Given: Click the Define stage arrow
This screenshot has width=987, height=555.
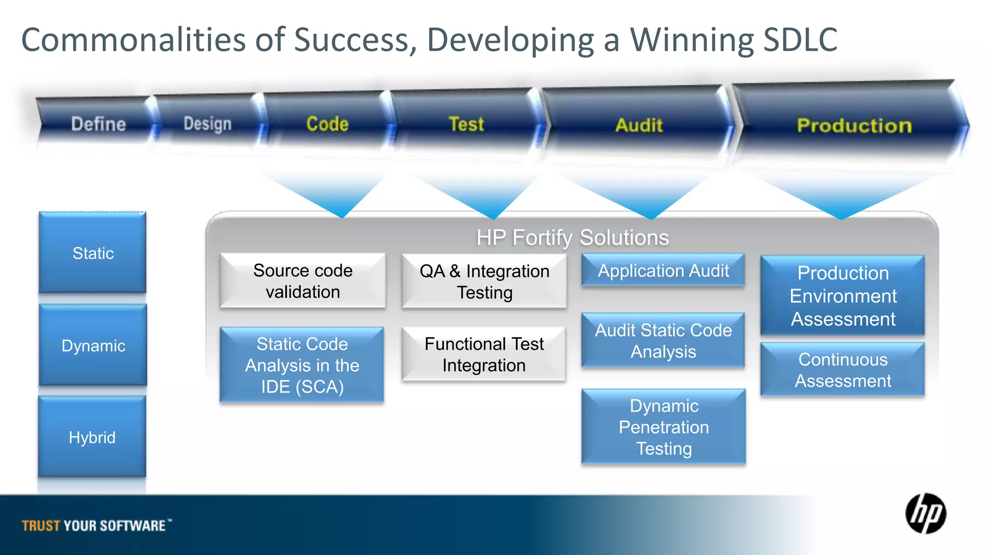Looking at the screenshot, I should pos(98,124).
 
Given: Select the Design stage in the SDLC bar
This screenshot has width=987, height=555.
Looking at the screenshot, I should pos(207,124).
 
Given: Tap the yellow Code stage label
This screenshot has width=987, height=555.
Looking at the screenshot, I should pos(327,124).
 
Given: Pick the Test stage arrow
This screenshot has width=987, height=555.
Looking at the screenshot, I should pos(466,124).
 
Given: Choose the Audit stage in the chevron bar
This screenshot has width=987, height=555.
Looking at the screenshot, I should pos(639,125).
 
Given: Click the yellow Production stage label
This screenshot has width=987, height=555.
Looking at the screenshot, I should pos(854,126).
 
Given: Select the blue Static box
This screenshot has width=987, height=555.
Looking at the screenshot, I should pos(93,253).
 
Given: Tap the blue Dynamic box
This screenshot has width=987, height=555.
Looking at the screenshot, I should pos(93,345).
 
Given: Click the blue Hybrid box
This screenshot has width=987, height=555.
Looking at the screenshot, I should pos(92,437).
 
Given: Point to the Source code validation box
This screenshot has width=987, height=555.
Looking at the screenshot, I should pos(303,281).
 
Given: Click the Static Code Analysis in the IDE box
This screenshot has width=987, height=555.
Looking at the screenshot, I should pos(302,365).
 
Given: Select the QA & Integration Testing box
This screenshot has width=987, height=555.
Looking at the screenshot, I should pos(484,282).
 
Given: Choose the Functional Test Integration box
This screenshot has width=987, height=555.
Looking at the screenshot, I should pos(484,355).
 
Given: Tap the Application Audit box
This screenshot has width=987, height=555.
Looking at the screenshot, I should pos(663,271).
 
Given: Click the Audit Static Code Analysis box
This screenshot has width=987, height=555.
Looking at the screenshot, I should pos(663,341).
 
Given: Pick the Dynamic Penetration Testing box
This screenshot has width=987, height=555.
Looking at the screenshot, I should pos(664,427).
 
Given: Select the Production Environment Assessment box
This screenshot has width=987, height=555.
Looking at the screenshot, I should pos(842,296).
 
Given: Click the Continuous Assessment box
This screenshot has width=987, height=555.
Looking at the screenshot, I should pos(842,370).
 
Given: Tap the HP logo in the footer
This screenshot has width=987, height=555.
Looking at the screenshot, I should pos(925,514).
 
